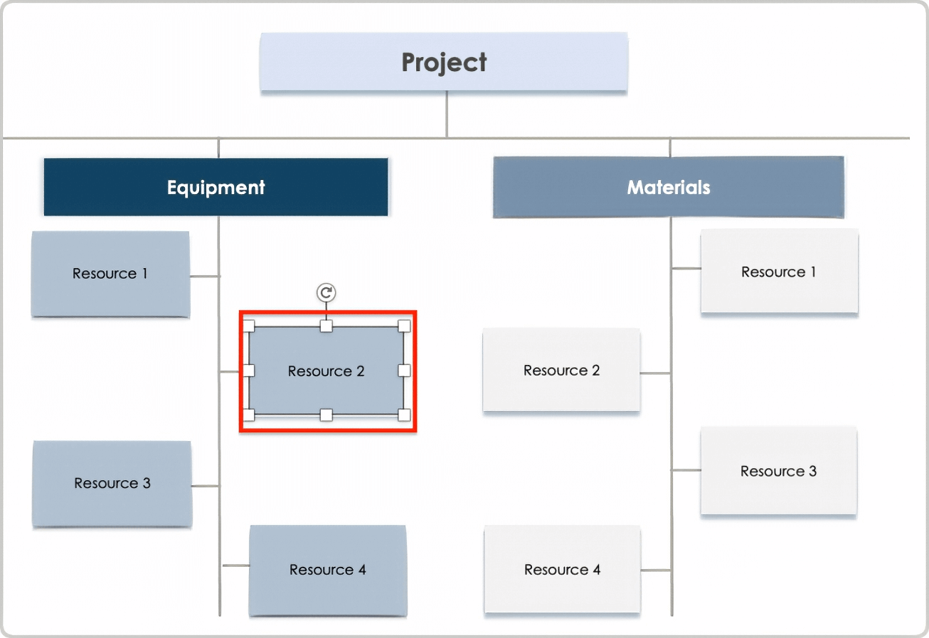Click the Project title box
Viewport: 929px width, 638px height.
[x=444, y=62]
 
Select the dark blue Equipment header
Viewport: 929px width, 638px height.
[x=216, y=187]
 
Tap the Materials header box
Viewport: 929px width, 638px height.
[x=668, y=187]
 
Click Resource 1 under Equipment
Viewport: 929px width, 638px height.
[x=110, y=274]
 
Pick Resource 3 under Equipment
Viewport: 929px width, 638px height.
[x=112, y=484]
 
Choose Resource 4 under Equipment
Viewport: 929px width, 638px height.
[x=327, y=570]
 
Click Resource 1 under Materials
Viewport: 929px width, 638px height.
[x=779, y=272]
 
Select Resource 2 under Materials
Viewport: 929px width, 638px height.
[x=561, y=370]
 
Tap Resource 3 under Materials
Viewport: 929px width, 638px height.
[x=778, y=471]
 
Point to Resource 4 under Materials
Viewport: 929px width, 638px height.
[x=562, y=570]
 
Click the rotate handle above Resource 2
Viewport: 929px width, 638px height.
[x=326, y=292]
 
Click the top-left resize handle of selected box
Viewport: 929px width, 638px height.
[x=249, y=326]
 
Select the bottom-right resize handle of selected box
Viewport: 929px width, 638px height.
[x=404, y=415]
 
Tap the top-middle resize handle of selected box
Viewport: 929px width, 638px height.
[x=326, y=326]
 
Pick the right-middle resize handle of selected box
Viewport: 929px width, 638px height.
[x=404, y=371]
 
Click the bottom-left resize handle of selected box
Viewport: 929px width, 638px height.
[x=249, y=415]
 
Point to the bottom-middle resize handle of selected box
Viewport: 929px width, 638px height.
[x=326, y=415]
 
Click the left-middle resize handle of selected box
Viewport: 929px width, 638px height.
[x=249, y=371]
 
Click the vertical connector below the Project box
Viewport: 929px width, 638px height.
[x=447, y=114]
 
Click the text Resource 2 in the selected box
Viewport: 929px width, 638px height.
[x=326, y=371]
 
